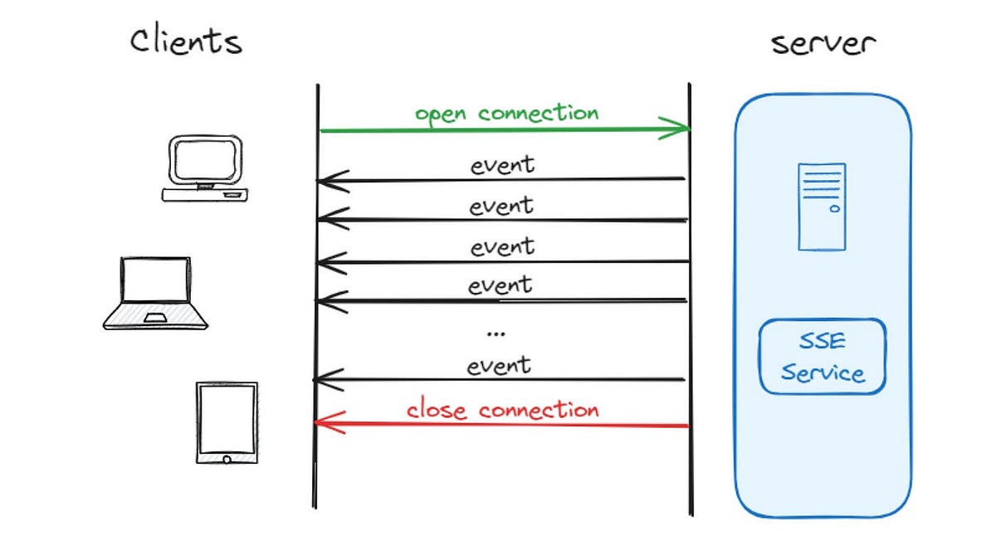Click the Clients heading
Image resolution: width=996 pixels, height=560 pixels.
point(186,40)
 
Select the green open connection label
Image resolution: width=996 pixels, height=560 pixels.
point(506,112)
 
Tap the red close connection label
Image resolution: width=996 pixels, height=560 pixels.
point(502,409)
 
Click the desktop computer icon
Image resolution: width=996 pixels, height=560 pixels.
point(205,169)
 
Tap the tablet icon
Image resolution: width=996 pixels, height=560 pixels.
point(227,422)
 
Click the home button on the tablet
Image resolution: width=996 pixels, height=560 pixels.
point(227,457)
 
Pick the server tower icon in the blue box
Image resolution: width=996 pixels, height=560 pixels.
point(822,207)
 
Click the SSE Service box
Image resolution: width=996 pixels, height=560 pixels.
point(823,357)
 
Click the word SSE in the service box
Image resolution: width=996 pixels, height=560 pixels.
point(822,342)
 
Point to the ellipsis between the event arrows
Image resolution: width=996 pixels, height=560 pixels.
point(496,333)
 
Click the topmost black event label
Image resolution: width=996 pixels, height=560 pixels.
point(502,164)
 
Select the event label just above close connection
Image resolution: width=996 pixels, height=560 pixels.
point(499,365)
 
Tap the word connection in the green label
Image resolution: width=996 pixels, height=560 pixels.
point(538,112)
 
